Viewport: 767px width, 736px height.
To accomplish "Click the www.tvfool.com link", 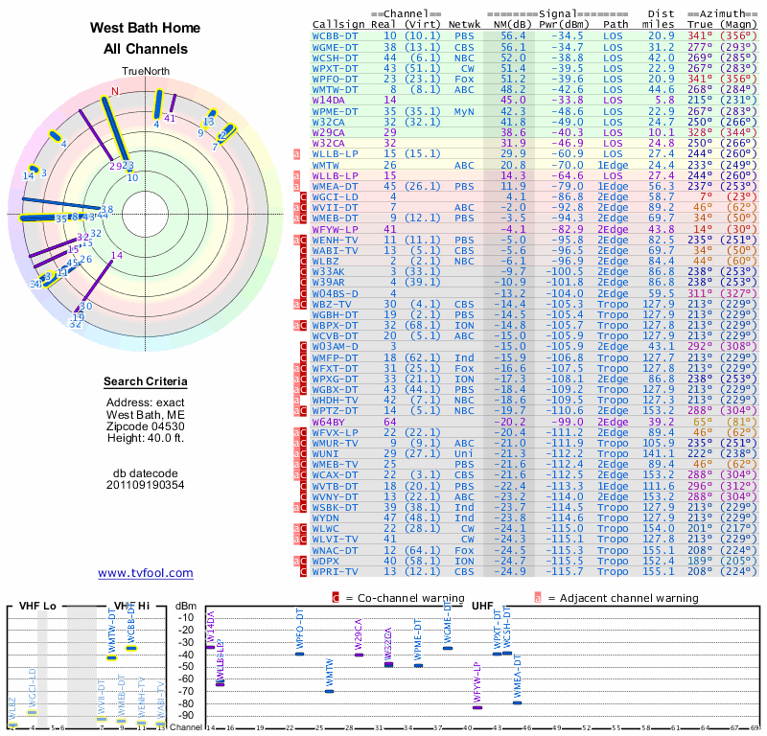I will (145, 573).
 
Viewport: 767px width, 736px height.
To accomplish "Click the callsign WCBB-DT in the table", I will (336, 35).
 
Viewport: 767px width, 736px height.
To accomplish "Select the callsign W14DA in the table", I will (329, 100).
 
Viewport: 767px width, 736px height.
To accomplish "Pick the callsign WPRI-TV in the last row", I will (336, 571).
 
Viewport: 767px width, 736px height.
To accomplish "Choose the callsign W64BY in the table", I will (329, 421).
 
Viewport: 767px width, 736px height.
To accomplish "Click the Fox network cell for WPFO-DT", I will (464, 79).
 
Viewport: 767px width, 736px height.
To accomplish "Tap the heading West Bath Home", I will (145, 28).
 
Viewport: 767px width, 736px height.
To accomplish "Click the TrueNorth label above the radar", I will (145, 72).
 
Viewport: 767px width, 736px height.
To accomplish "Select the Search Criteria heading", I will (145, 382).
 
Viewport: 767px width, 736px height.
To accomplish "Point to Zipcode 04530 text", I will (145, 425).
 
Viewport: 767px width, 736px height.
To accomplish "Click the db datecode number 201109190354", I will (145, 485).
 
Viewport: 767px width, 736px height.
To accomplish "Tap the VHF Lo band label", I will (35, 606).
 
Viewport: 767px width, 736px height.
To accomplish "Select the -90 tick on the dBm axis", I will (188, 715).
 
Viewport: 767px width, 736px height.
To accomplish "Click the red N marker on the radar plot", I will (114, 92).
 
